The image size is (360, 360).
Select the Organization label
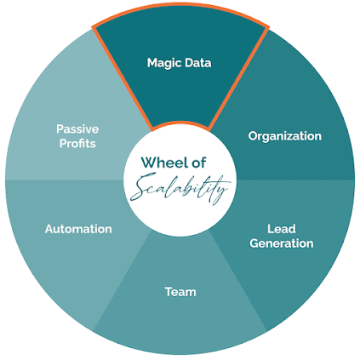[x=285, y=136]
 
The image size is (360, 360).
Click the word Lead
[x=282, y=229]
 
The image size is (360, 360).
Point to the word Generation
[x=282, y=243]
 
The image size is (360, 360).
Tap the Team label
[x=180, y=292]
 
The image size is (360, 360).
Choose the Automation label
[x=78, y=229]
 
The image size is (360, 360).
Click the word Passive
[x=77, y=129]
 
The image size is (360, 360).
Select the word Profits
[x=77, y=143]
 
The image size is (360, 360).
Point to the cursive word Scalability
[x=180, y=187]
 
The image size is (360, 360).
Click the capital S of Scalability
[x=142, y=187]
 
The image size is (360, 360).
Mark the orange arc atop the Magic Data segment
[x=180, y=5]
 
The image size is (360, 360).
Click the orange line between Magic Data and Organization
[x=238, y=77]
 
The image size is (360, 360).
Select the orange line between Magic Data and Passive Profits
[x=123, y=78]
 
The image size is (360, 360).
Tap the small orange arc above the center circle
[x=180, y=123]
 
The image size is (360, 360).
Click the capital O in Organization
[x=254, y=136]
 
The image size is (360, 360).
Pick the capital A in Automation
[x=50, y=229]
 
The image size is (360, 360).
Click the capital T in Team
[x=169, y=292]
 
